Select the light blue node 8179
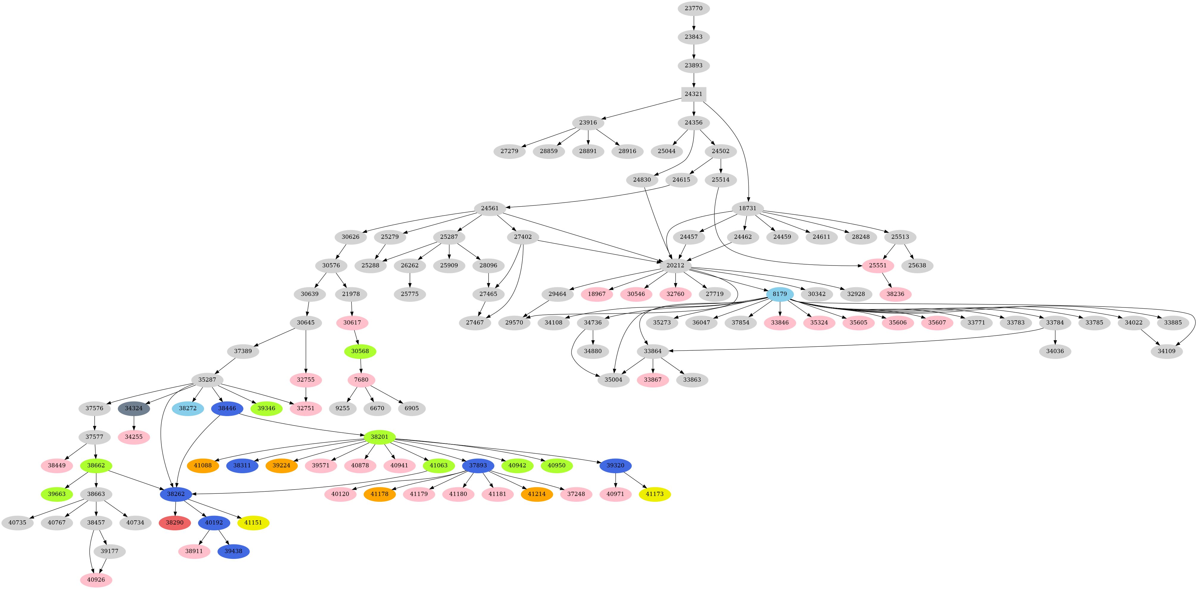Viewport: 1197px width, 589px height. click(780, 294)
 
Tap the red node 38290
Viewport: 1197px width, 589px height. click(175, 523)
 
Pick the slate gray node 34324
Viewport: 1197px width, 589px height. click(134, 408)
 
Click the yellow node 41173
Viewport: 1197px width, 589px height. click(654, 494)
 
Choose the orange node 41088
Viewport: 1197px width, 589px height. click(203, 465)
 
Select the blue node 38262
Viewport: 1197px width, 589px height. click(176, 494)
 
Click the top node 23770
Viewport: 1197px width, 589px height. click(693, 8)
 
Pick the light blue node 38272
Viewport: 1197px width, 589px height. click(188, 408)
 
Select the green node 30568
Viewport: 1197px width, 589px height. click(360, 351)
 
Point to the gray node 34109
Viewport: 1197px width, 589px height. click(1166, 351)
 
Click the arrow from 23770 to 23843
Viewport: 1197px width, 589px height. click(693, 22)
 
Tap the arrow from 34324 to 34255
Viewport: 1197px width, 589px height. click(134, 423)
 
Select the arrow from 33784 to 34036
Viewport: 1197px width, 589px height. click(1055, 337)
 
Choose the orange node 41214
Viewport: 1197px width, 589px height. click(537, 494)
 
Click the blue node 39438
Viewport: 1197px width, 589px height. click(233, 551)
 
